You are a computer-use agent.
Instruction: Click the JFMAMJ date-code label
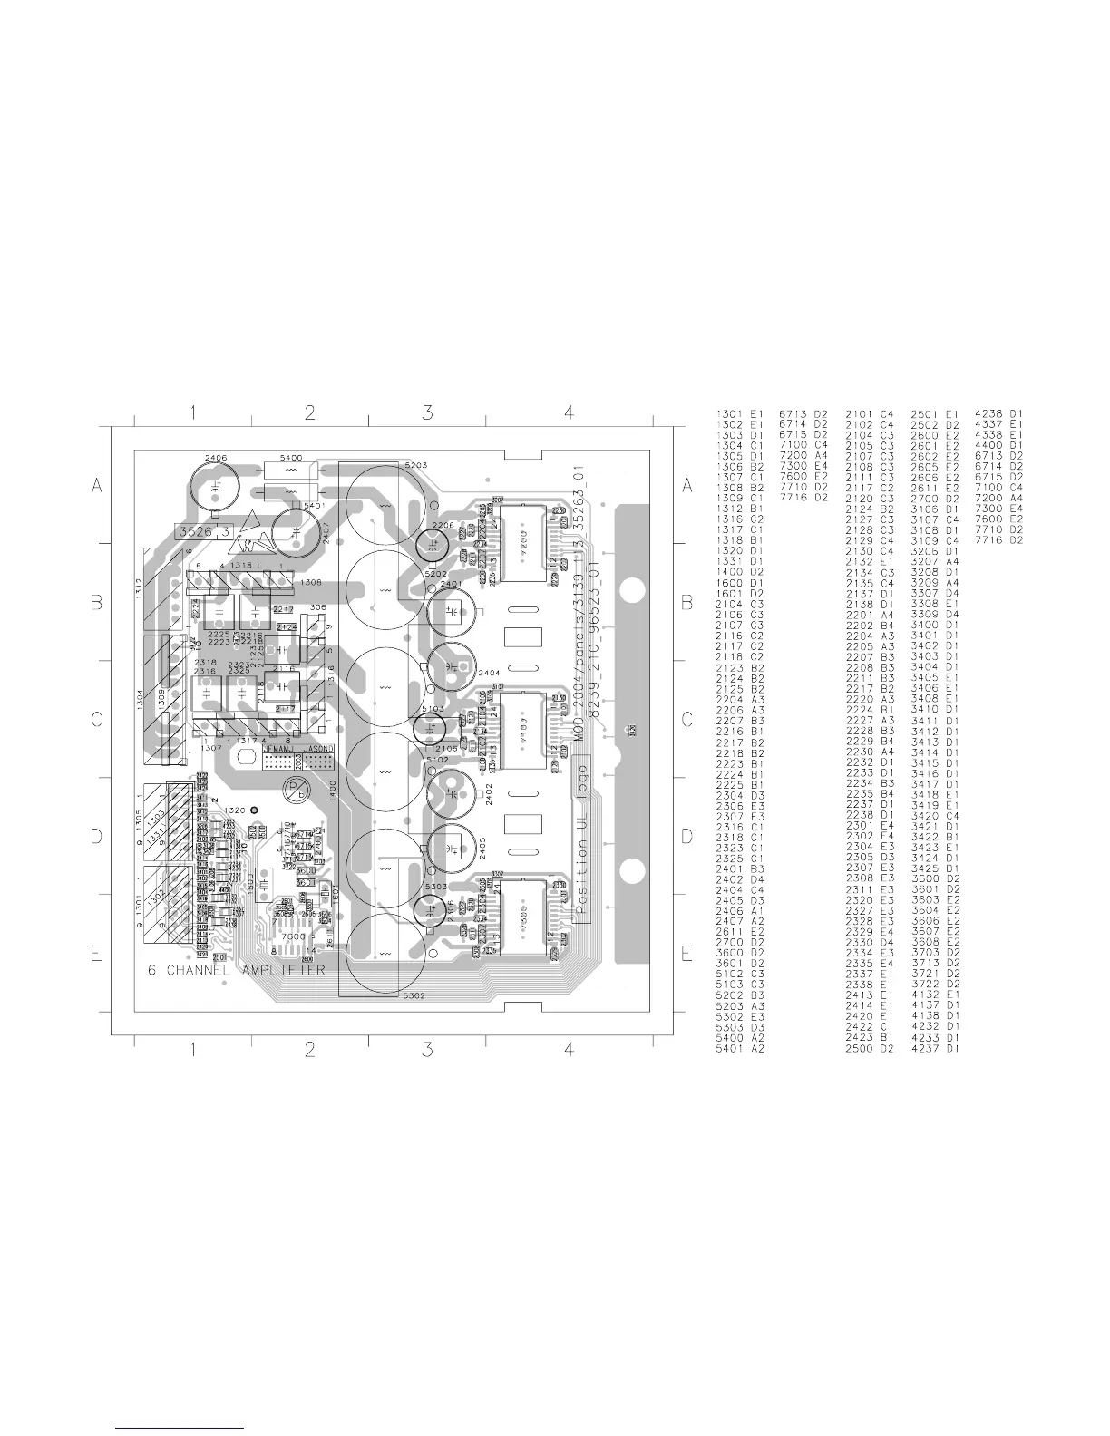[x=280, y=749]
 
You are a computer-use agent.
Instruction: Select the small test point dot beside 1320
[x=255, y=810]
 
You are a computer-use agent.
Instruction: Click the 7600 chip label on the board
[x=294, y=936]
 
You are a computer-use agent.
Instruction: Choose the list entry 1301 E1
[x=741, y=414]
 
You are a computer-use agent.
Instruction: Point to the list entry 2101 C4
[x=870, y=414]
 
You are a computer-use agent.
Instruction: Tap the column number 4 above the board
[x=569, y=413]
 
